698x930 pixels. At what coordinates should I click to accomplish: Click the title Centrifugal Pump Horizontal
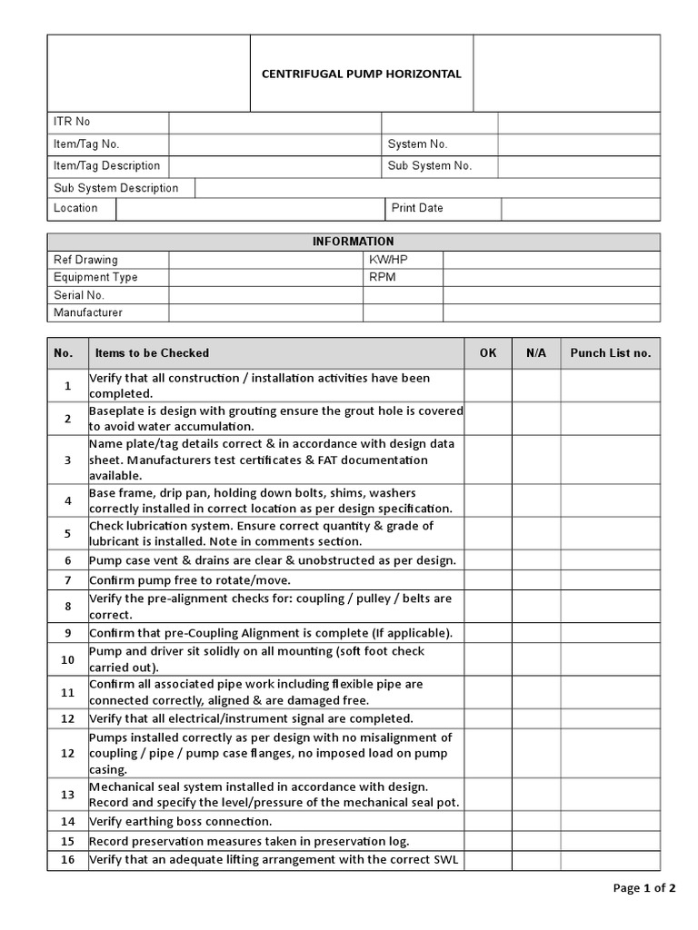(x=362, y=74)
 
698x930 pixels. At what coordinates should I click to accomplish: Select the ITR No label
(x=72, y=122)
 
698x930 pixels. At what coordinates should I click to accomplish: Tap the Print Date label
(x=417, y=208)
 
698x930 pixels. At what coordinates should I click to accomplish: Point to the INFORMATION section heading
(x=354, y=242)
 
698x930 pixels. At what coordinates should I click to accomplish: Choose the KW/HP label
(x=389, y=260)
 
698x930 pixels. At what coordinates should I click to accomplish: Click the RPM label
(x=383, y=277)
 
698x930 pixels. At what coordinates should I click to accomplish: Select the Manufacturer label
(x=88, y=312)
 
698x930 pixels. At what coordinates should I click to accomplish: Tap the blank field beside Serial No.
(x=265, y=295)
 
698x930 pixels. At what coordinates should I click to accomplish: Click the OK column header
(x=488, y=353)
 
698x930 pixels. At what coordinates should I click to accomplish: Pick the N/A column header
(x=536, y=353)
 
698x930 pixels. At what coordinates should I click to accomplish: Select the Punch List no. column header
(x=610, y=353)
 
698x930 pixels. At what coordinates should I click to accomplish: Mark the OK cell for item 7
(x=488, y=579)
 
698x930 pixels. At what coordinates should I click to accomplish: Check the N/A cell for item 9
(x=536, y=632)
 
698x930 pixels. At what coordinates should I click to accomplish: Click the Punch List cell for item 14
(x=610, y=821)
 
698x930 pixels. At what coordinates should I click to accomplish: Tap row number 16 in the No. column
(x=68, y=859)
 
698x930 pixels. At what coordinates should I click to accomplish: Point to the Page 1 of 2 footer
(x=644, y=888)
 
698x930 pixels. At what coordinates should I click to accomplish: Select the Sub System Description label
(x=116, y=188)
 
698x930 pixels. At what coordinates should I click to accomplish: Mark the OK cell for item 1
(x=488, y=385)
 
